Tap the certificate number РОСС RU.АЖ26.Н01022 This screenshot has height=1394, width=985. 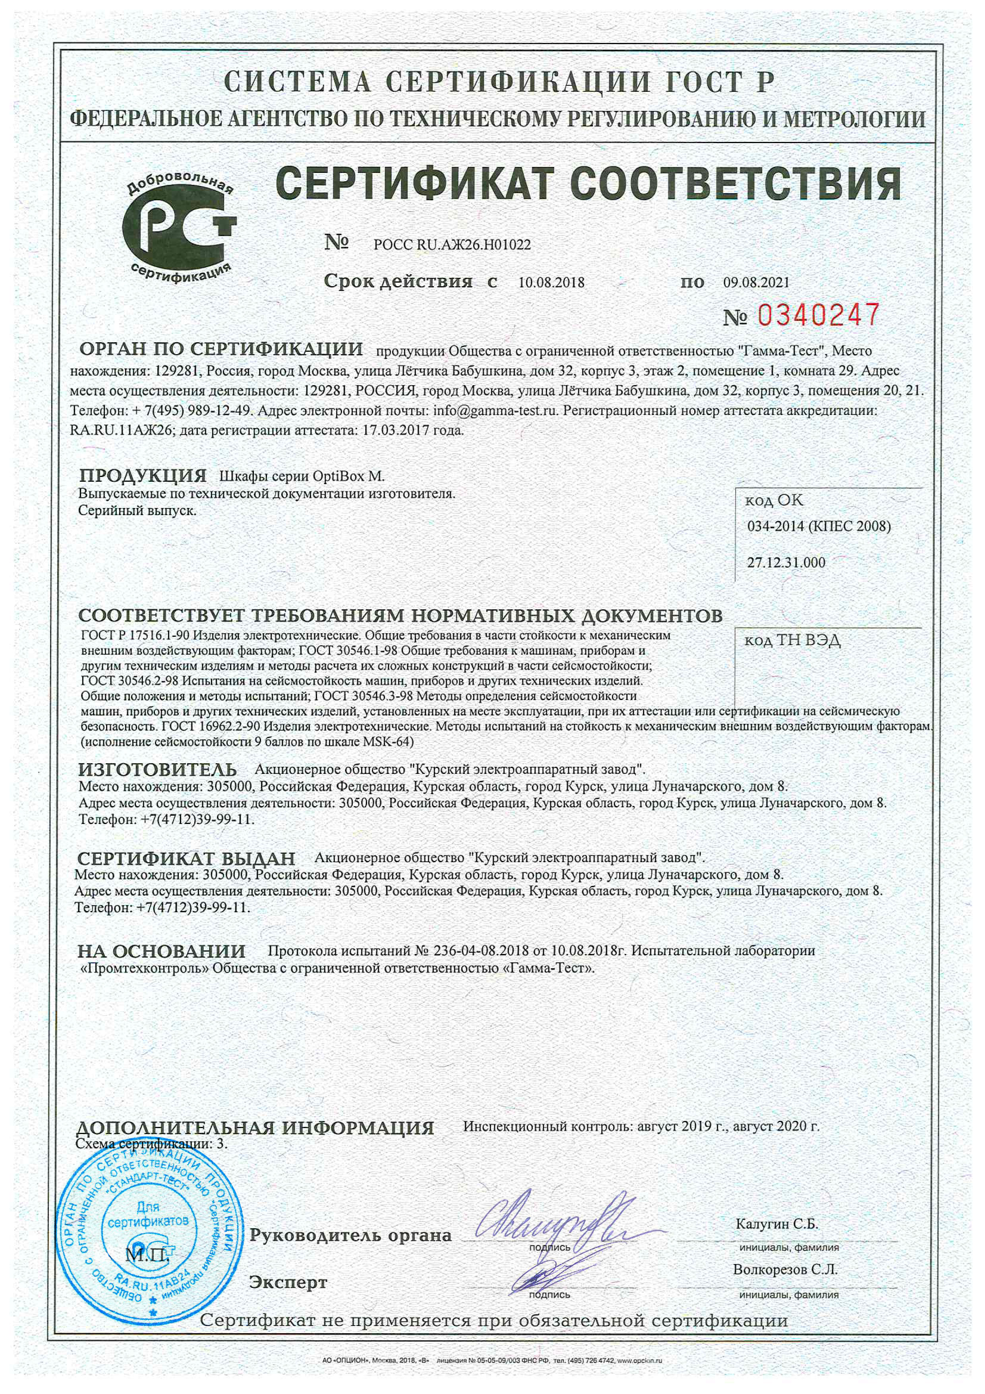pos(452,245)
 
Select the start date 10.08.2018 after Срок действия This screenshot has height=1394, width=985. pos(551,282)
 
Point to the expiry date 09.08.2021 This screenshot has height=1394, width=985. pos(756,282)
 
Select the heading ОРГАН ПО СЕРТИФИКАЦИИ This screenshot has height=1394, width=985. pos(221,350)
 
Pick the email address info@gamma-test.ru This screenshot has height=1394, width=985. pos(495,411)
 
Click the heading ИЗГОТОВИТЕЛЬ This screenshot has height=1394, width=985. pos(157,770)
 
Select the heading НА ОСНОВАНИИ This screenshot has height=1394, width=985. pos(161,951)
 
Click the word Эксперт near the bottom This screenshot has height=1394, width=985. pos(288,1282)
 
